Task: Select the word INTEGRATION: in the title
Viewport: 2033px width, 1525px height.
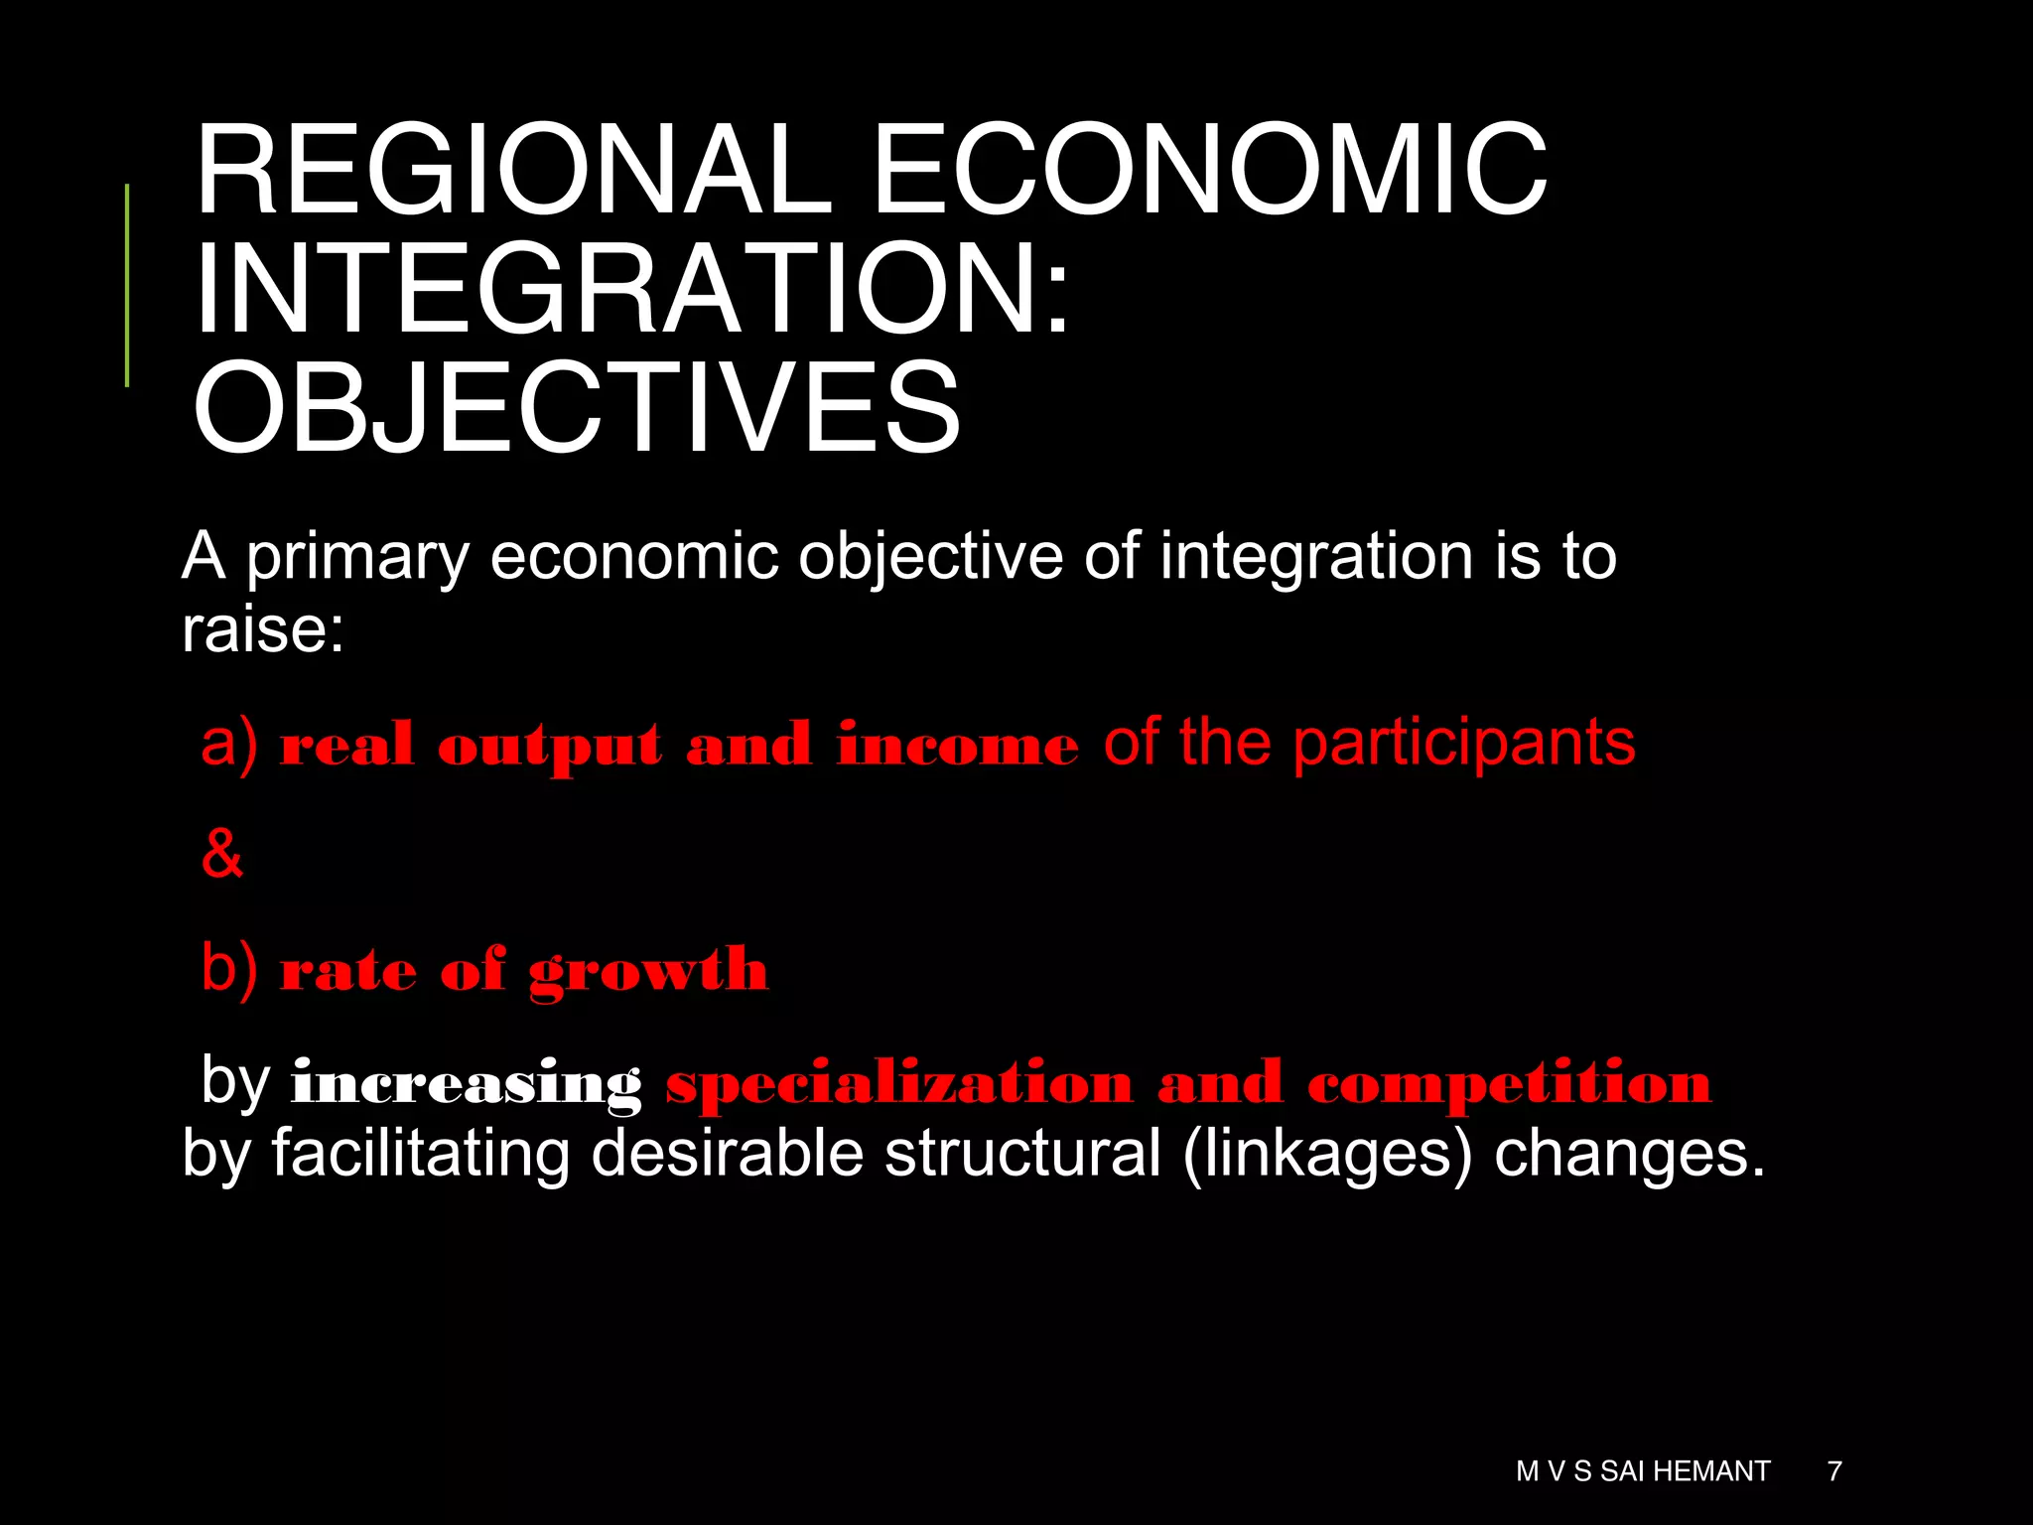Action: pyautogui.click(x=632, y=289)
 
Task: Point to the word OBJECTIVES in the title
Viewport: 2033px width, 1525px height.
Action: pyautogui.click(x=577, y=408)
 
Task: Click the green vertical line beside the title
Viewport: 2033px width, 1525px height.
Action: pyautogui.click(x=127, y=285)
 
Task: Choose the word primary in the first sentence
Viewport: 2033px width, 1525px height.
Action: pyautogui.click(x=357, y=557)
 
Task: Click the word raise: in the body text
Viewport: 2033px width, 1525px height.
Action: pyautogui.click(x=263, y=629)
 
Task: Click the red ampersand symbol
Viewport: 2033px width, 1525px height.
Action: pyautogui.click(x=222, y=853)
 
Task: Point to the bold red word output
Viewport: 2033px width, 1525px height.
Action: pyautogui.click(x=550, y=747)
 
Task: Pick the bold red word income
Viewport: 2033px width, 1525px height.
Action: pyautogui.click(x=957, y=746)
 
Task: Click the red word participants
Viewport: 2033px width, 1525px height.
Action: pyautogui.click(x=1464, y=745)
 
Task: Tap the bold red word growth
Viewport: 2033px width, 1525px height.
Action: pyautogui.click(x=648, y=971)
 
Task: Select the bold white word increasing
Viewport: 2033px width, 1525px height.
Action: pyautogui.click(x=467, y=1083)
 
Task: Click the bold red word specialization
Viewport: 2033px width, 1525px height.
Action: pyautogui.click(x=899, y=1083)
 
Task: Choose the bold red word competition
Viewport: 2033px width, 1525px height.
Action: pyautogui.click(x=1509, y=1083)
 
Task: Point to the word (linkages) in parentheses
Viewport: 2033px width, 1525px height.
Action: pyautogui.click(x=1327, y=1156)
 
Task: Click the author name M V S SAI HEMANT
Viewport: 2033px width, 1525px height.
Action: pyautogui.click(x=1643, y=1470)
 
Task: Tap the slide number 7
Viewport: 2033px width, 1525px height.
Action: pyautogui.click(x=1834, y=1470)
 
